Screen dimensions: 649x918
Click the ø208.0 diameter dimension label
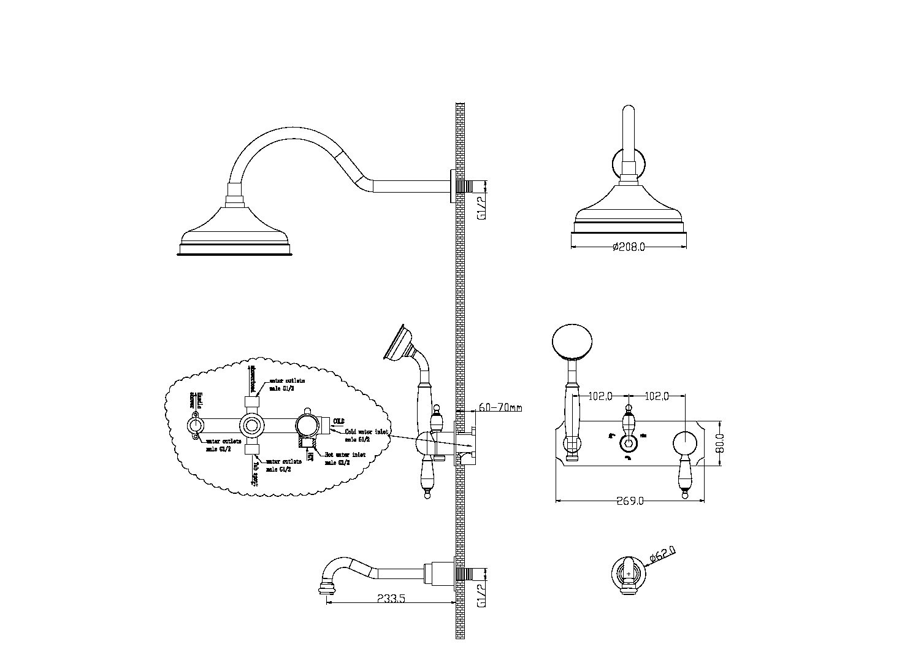[629, 247]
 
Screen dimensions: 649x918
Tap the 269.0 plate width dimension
[630, 501]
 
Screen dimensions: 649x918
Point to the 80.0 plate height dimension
[721, 443]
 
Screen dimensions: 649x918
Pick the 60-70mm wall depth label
[500, 407]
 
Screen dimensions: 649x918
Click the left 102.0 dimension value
[600, 396]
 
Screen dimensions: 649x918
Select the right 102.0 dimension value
[657, 396]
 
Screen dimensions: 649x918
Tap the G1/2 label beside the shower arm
[482, 207]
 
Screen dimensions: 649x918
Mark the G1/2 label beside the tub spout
[482, 594]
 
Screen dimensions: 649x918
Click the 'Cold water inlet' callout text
[366, 432]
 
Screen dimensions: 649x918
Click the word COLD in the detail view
[339, 421]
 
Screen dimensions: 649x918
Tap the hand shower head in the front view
[573, 342]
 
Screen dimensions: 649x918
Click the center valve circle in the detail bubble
[251, 424]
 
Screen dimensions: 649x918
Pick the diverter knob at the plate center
[628, 444]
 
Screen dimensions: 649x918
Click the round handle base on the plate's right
[685, 444]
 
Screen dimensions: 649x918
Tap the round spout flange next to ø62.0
[629, 575]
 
